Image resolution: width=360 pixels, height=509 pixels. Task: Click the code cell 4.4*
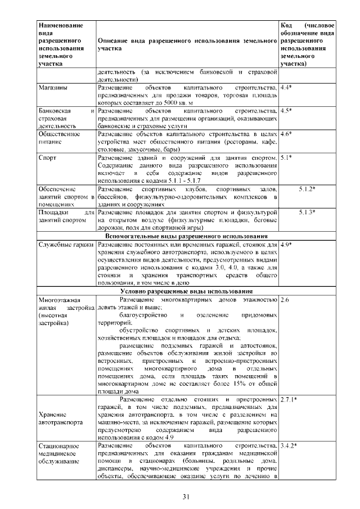coord(286,88)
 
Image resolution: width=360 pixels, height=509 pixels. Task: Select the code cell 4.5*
coord(286,111)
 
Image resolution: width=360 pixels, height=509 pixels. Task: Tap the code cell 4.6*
coord(286,134)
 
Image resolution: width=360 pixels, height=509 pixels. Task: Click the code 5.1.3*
coord(307,212)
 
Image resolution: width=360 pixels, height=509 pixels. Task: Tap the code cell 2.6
coord(284,300)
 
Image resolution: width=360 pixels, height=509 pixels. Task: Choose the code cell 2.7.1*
coord(289,399)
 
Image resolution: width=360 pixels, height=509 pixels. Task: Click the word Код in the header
coord(286,26)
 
